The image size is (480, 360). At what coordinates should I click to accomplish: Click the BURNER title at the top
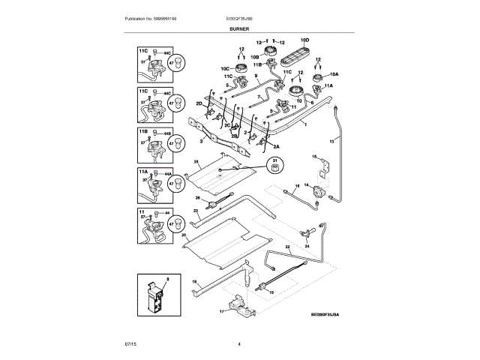[x=239, y=28]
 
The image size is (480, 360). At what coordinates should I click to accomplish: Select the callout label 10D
[x=304, y=39]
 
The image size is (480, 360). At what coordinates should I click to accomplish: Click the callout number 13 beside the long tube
[x=331, y=140]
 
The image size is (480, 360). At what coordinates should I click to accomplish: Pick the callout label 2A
[x=276, y=146]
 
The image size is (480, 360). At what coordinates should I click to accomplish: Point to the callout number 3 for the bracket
[x=201, y=140]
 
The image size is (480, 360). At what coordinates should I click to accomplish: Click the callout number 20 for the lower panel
[x=183, y=235]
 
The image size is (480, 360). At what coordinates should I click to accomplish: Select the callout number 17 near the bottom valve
[x=222, y=310]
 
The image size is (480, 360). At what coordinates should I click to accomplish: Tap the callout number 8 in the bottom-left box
[x=167, y=278]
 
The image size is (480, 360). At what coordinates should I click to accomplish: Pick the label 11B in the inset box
[x=142, y=131]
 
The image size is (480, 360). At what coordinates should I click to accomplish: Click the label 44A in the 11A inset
[x=169, y=174]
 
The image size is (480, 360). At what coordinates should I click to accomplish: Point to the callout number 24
[x=307, y=245]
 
